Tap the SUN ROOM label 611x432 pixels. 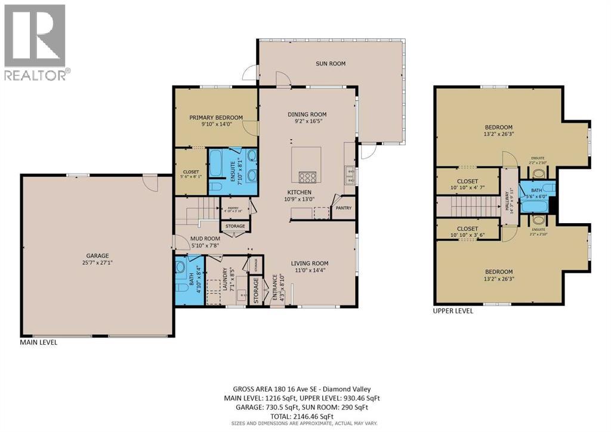pyautogui.click(x=330, y=64)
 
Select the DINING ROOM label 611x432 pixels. pyautogui.click(x=307, y=115)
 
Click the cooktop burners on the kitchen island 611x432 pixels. pyautogui.click(x=307, y=177)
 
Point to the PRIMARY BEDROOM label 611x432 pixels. pyautogui.click(x=216, y=118)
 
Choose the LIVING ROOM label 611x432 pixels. pyautogui.click(x=310, y=263)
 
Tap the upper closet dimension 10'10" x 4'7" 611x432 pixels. pyautogui.click(x=467, y=189)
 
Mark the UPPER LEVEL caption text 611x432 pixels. pyautogui.click(x=453, y=311)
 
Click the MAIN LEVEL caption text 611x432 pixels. pyautogui.click(x=39, y=342)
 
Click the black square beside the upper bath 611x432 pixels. pyautogui.click(x=553, y=205)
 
